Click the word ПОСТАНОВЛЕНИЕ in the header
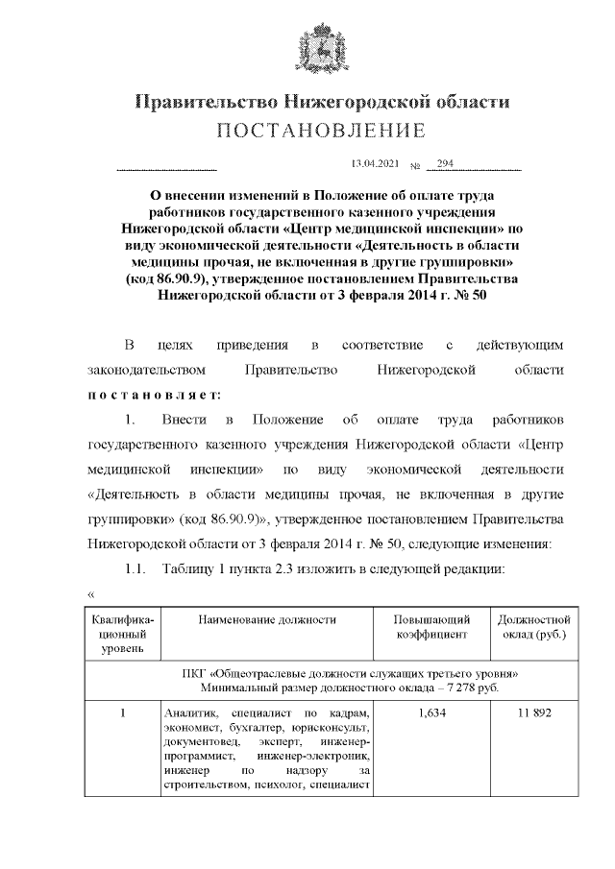pyautogui.click(x=320, y=130)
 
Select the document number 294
pyautogui.click(x=445, y=164)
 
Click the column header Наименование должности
pyautogui.click(x=267, y=620)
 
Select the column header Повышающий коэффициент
pyautogui.click(x=431, y=627)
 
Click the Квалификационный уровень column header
pyautogui.click(x=122, y=635)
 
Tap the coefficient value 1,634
pyautogui.click(x=431, y=713)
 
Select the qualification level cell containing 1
pyautogui.click(x=122, y=713)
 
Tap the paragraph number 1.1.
pyautogui.click(x=138, y=571)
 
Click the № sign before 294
pyautogui.click(x=416, y=166)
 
